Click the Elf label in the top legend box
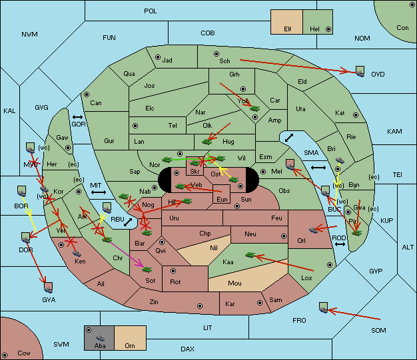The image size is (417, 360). [x=288, y=29]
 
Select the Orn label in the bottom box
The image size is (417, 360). [x=129, y=346]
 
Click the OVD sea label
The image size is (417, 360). [x=378, y=75]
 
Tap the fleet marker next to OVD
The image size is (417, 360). [x=360, y=70]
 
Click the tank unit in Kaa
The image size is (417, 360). [x=250, y=254]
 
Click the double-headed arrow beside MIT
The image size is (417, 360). [x=99, y=192]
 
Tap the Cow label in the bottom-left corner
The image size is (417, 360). [x=24, y=353]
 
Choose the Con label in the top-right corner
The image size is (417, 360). [x=402, y=28]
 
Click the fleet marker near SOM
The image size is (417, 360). [x=323, y=307]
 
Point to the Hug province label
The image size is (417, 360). [x=228, y=141]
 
